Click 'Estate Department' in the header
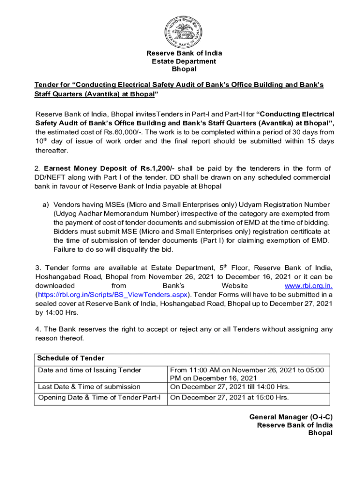click(x=184, y=61)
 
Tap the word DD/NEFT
click(x=52, y=178)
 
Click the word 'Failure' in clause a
click(x=66, y=249)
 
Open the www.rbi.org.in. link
click(x=309, y=285)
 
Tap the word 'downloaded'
click(x=55, y=285)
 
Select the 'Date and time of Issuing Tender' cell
click(x=89, y=370)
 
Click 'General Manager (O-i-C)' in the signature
click(x=291, y=417)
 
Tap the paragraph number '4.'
click(x=38, y=329)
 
